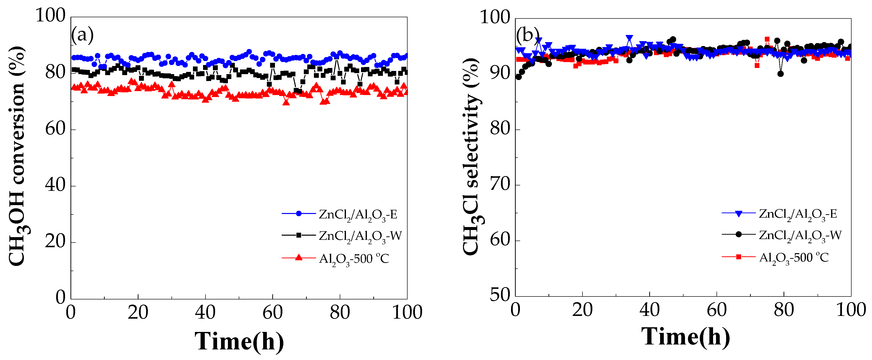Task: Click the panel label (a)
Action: coord(82,34)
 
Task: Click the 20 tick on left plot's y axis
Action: coord(55,242)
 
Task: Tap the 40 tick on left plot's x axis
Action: coord(205,312)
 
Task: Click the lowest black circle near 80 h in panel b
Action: coord(781,74)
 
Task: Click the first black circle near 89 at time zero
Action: coord(518,77)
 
